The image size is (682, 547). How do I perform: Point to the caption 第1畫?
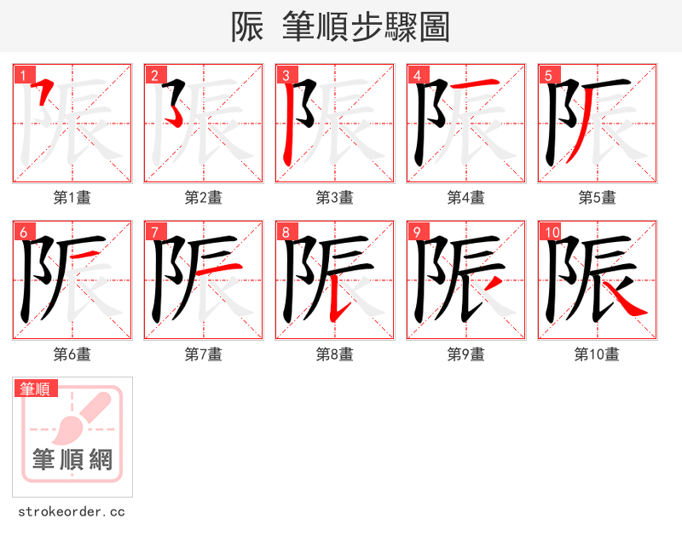coord(72,198)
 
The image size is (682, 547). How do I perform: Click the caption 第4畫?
coord(465,198)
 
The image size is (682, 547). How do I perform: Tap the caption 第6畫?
coord(72,354)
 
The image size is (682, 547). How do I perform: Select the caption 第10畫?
coord(597,354)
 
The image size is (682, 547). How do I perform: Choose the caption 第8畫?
coord(334,354)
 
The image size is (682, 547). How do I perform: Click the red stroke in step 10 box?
coord(629,303)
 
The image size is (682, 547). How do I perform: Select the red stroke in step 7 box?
coord(223,268)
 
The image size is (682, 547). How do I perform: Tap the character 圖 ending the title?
coord(434,27)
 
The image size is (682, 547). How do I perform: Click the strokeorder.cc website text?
coord(72,512)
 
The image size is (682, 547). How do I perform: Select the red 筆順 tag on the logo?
coord(36,389)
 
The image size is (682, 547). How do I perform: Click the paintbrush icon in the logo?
coord(85,417)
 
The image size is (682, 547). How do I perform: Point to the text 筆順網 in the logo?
coord(72,460)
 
